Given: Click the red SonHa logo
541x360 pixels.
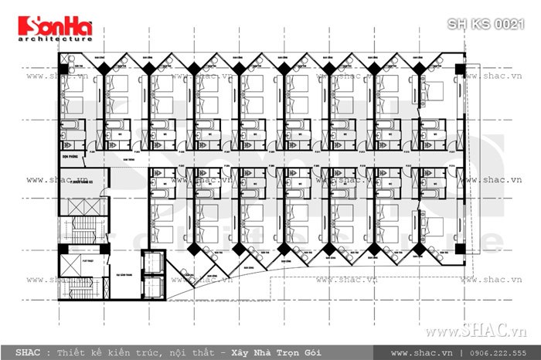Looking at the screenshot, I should coord(49,26).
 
